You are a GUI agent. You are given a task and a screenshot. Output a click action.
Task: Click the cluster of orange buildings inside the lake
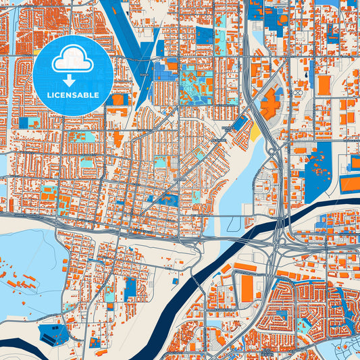coord(20,277)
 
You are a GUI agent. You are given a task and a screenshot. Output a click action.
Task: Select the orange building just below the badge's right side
coord(118,99)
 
